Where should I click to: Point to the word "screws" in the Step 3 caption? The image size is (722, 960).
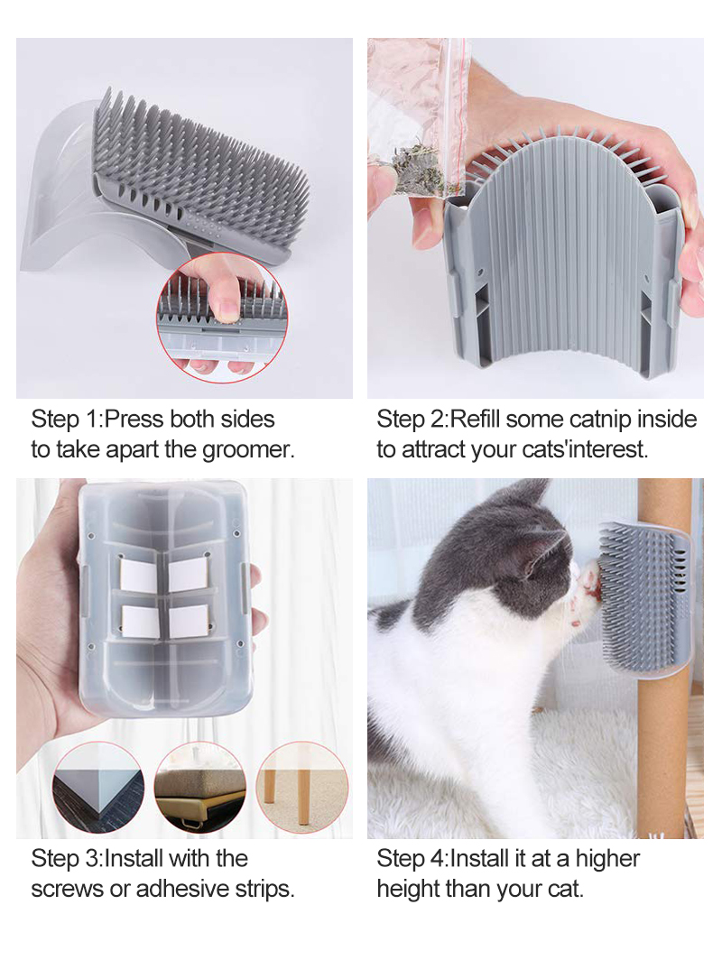67,888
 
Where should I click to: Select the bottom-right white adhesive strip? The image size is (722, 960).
189,620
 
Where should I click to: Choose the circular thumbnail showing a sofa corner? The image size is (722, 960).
199,788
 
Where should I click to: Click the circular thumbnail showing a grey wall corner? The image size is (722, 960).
97,788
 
